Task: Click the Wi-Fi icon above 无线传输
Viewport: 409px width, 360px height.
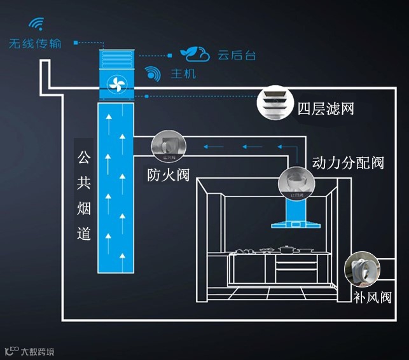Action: [x=36, y=25]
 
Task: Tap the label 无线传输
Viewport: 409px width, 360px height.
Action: [x=36, y=44]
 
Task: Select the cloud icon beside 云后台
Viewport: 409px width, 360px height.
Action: [x=194, y=53]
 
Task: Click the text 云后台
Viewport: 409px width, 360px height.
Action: [x=237, y=55]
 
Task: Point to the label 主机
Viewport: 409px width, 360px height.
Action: [x=183, y=74]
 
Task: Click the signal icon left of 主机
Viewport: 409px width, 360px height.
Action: [x=153, y=73]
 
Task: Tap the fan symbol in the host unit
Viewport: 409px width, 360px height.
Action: [x=116, y=84]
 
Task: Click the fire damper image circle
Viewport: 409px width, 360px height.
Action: [x=169, y=148]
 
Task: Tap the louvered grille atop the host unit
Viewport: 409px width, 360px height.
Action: [x=116, y=60]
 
